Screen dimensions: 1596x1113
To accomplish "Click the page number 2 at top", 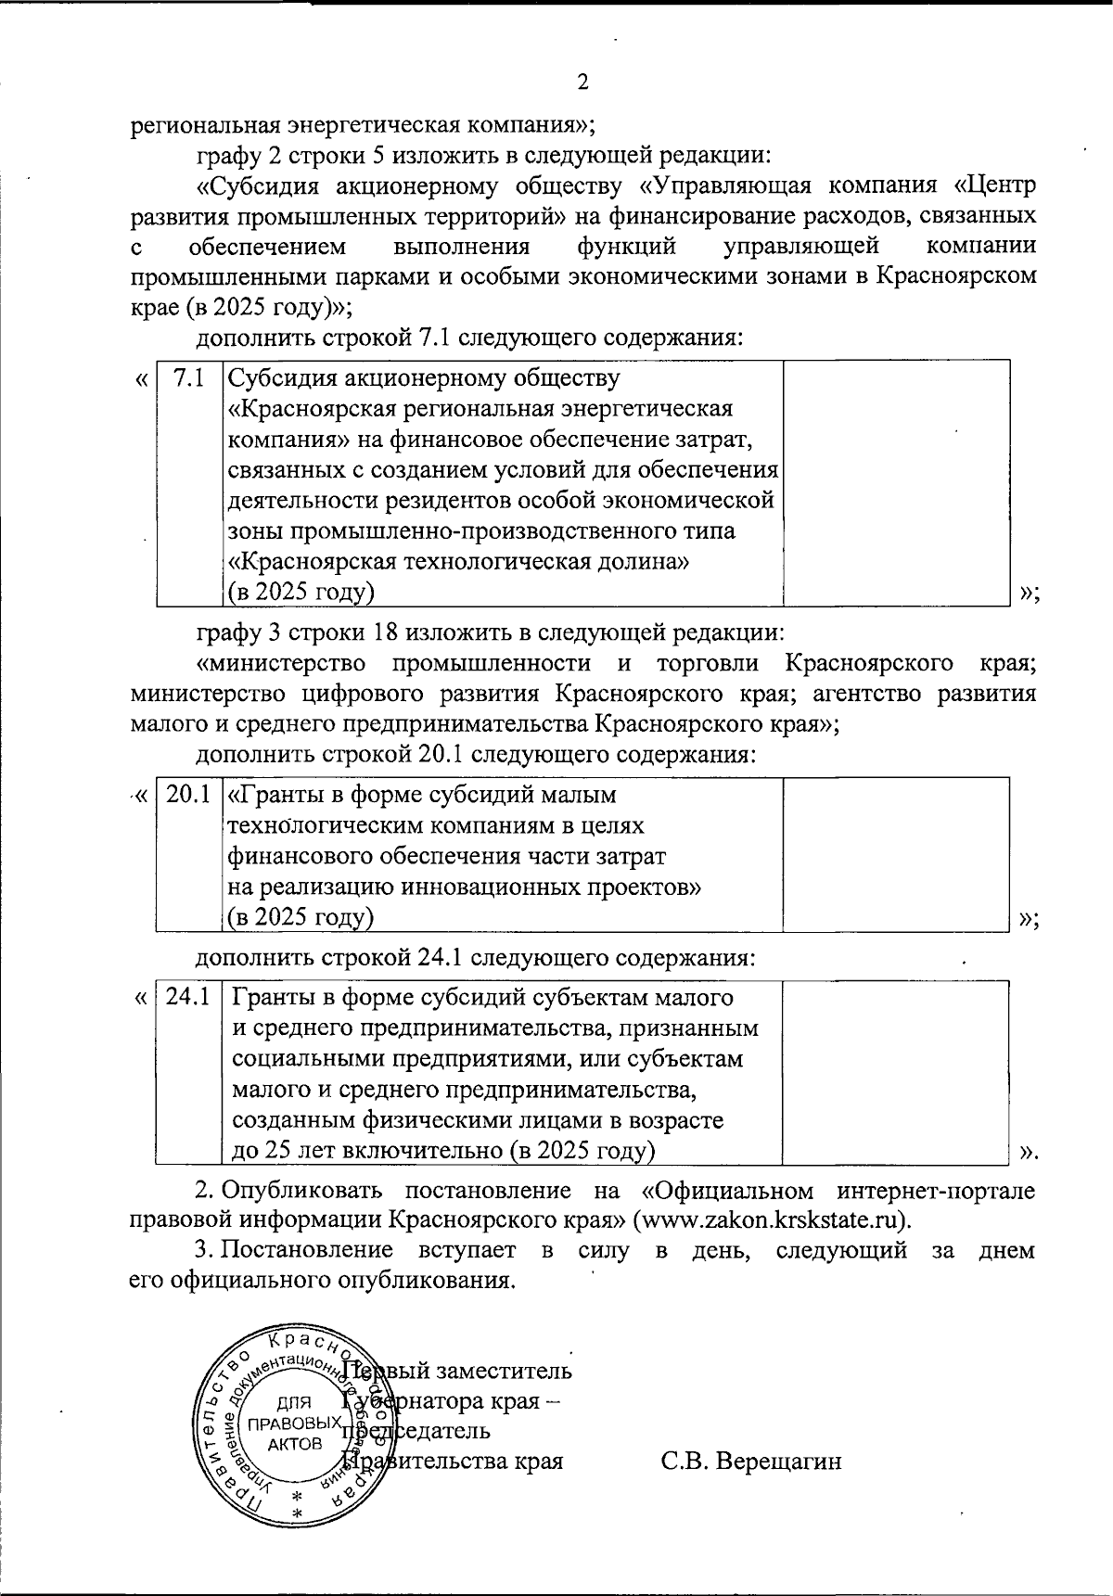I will (x=582, y=83).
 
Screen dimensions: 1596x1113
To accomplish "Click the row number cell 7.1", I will (x=189, y=378).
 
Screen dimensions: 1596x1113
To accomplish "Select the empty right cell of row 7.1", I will (x=896, y=482).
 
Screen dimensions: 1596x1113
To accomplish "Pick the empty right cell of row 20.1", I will (x=896, y=853).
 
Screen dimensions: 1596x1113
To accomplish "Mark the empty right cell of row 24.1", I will (x=896, y=1072).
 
